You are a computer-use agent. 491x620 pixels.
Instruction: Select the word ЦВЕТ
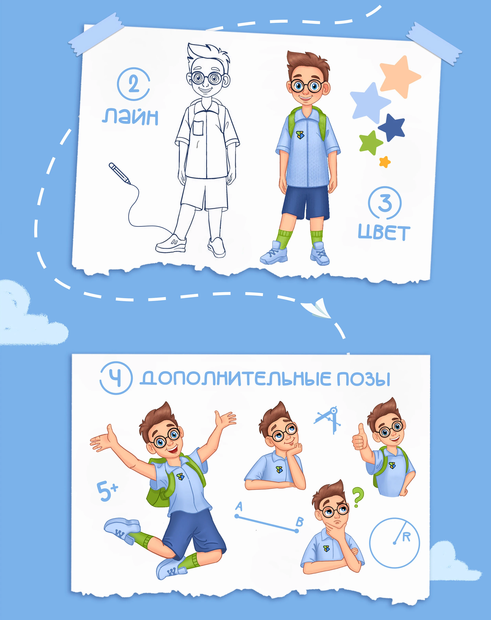pyautogui.click(x=384, y=232)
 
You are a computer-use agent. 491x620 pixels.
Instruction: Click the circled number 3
pyautogui.click(x=385, y=203)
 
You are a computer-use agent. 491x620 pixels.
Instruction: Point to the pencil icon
pyautogui.click(x=119, y=173)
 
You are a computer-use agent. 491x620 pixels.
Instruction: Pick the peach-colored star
pyautogui.click(x=400, y=77)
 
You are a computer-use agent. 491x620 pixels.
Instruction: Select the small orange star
pyautogui.click(x=385, y=162)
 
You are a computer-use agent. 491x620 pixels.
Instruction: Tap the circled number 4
pyautogui.click(x=116, y=378)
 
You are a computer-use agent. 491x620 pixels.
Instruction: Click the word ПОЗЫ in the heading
pyautogui.click(x=363, y=379)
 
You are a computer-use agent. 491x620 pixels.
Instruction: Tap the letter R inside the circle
pyautogui.click(x=406, y=537)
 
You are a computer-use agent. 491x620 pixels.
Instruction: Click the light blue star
pyautogui.click(x=370, y=102)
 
